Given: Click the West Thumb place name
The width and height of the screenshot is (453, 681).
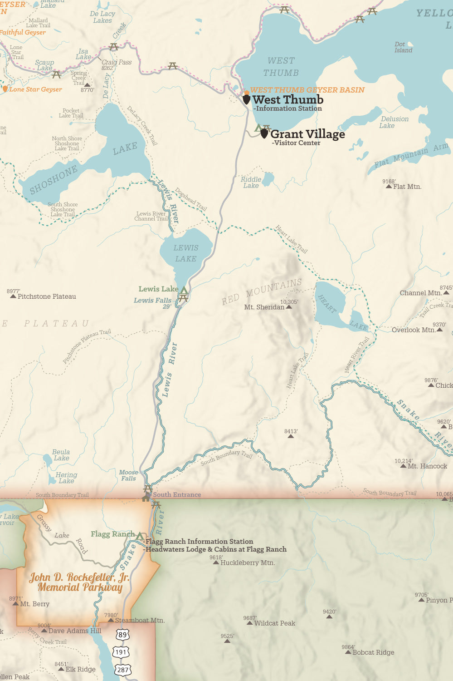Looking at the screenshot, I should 287,100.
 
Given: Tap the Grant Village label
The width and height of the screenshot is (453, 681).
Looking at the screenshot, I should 307,134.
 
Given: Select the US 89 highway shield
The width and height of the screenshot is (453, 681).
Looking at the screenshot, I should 122,634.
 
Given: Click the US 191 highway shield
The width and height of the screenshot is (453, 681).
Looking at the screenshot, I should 121,652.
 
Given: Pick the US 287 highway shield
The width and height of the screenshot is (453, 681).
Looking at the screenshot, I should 123,670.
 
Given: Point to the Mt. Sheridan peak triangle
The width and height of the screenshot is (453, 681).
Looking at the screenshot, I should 289,307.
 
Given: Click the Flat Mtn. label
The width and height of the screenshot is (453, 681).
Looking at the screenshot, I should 407,187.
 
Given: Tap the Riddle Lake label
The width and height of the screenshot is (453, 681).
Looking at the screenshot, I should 251,182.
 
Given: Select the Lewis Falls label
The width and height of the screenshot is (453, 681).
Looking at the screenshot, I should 153,301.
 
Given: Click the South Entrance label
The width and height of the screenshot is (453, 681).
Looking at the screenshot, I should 177,495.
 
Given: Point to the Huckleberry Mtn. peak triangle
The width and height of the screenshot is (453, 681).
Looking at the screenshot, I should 216,563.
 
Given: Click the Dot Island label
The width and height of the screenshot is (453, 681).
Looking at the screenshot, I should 403,47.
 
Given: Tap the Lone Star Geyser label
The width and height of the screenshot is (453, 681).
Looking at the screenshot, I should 35,89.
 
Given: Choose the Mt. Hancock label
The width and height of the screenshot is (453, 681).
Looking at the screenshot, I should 427,466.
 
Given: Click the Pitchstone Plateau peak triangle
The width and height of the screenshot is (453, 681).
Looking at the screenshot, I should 13,296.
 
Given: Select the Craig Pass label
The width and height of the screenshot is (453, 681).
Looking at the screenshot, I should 117,62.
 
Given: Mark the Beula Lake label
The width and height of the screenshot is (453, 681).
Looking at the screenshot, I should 61,455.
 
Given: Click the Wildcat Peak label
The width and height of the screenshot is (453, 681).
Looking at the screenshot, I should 275,623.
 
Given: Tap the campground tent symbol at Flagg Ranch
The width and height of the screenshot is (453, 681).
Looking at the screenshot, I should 140,536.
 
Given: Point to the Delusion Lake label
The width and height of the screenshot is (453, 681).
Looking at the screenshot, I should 394,122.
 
